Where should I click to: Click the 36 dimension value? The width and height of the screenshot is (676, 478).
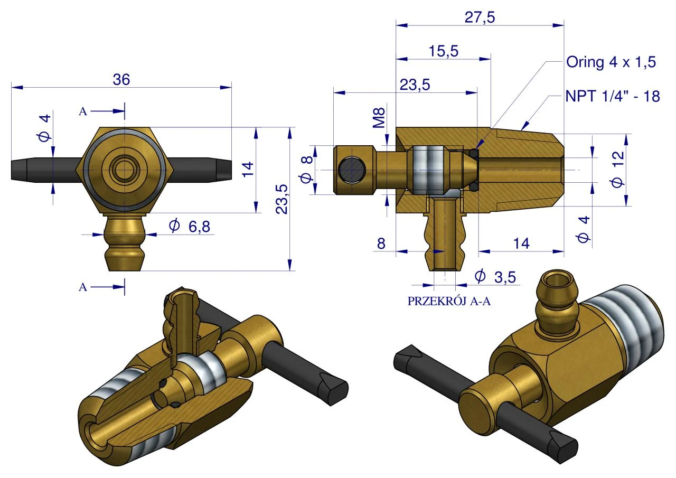[x=121, y=80]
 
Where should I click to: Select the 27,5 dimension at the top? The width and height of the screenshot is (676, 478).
[x=480, y=17]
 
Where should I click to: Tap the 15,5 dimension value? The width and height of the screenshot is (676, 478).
[x=443, y=51]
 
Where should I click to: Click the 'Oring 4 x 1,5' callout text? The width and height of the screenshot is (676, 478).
[x=611, y=62]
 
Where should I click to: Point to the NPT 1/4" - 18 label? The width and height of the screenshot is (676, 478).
[x=612, y=97]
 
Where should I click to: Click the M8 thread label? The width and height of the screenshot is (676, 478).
[x=379, y=118]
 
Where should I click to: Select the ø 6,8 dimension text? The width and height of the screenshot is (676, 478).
[x=190, y=227]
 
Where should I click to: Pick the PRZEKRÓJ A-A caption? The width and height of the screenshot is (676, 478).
[x=449, y=301]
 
